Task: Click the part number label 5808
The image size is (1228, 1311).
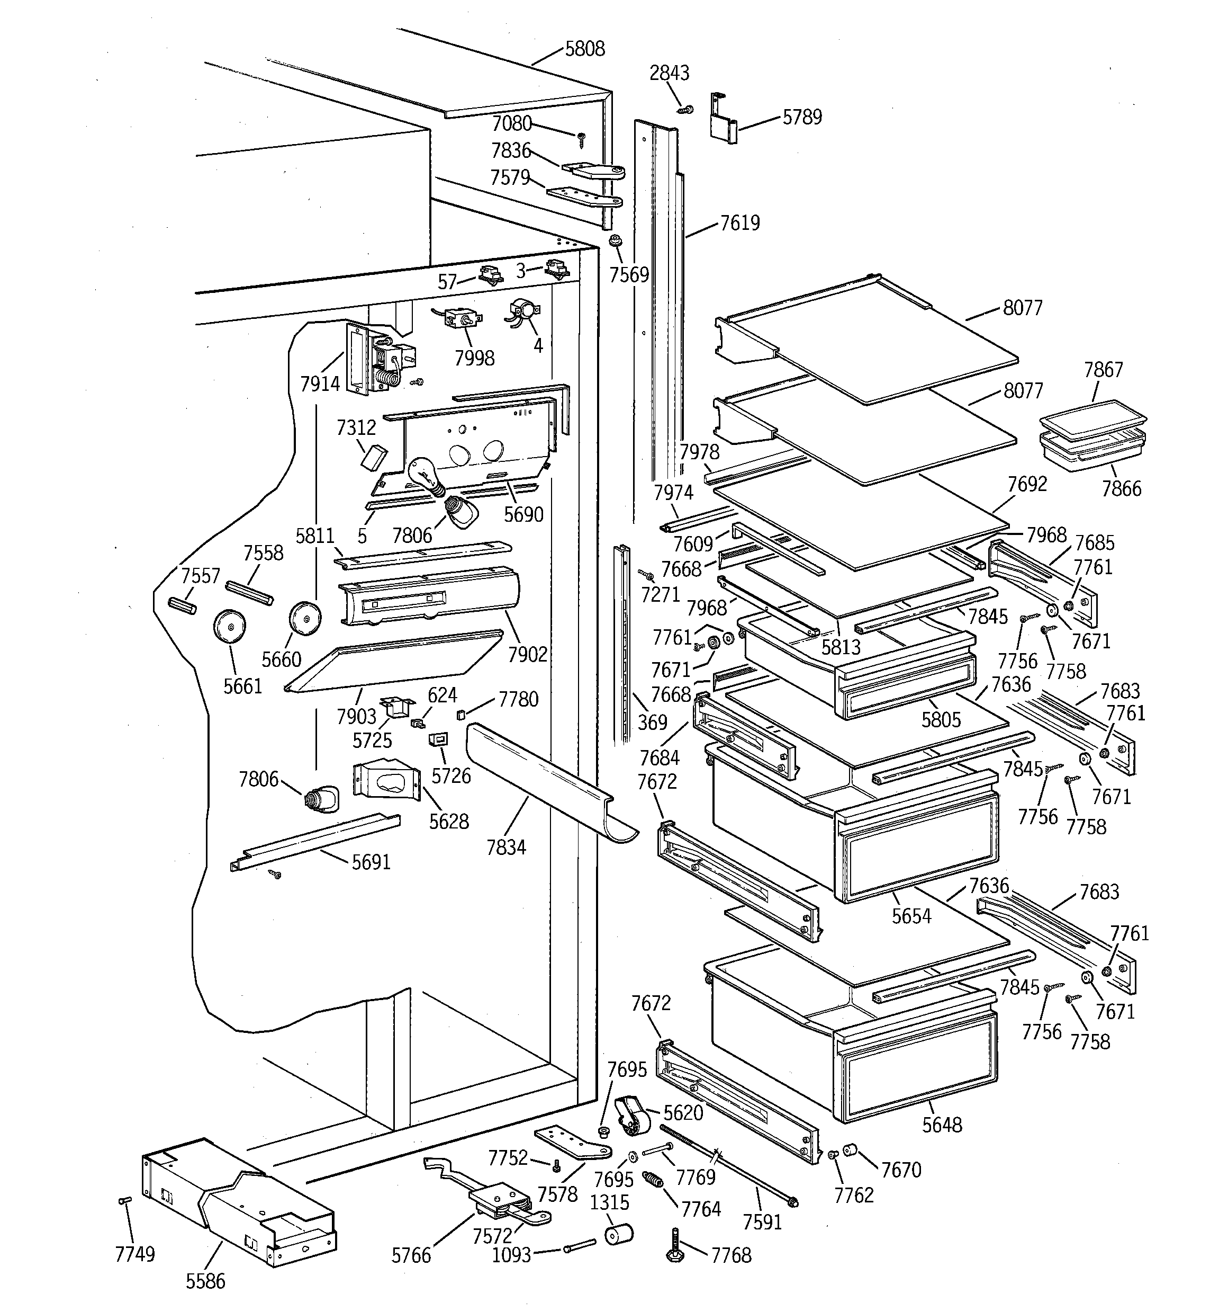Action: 585,49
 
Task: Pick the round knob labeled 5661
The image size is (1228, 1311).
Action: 229,625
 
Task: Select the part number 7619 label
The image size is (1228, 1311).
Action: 739,223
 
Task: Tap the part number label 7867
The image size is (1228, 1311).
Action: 1104,370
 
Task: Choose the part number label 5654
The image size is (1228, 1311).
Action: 911,916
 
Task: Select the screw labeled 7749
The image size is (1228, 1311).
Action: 123,1200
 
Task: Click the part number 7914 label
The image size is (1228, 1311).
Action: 320,384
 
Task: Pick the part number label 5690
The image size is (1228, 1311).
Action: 523,514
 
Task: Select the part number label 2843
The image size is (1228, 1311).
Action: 669,73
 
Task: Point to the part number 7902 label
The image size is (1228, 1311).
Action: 527,654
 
